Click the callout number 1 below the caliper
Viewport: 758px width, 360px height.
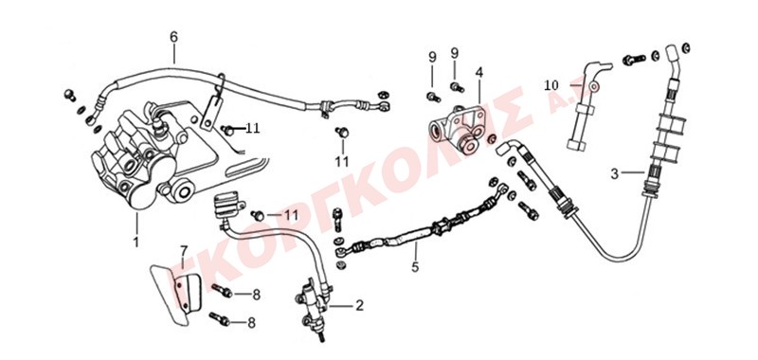135,242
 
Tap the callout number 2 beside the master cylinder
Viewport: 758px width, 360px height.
359,305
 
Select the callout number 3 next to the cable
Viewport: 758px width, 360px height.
614,173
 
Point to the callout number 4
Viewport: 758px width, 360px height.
479,73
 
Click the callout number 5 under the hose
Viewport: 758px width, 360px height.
415,266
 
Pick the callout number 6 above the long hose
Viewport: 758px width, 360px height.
174,37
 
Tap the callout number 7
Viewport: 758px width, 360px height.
184,251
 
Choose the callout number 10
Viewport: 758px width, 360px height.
551,85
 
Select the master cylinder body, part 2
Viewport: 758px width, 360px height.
313,305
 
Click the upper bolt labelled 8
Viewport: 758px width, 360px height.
222,291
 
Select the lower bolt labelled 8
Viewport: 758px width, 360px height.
219,319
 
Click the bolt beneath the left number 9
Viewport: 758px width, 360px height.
433,98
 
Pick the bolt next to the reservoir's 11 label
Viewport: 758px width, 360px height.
259,215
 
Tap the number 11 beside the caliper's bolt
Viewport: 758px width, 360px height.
252,129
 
